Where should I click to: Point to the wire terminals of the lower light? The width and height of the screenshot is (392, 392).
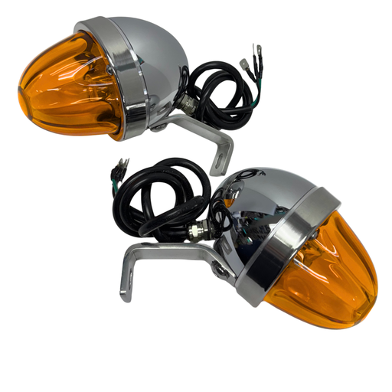(x=123, y=166)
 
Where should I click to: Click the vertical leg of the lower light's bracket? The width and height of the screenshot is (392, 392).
(x=126, y=276)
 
